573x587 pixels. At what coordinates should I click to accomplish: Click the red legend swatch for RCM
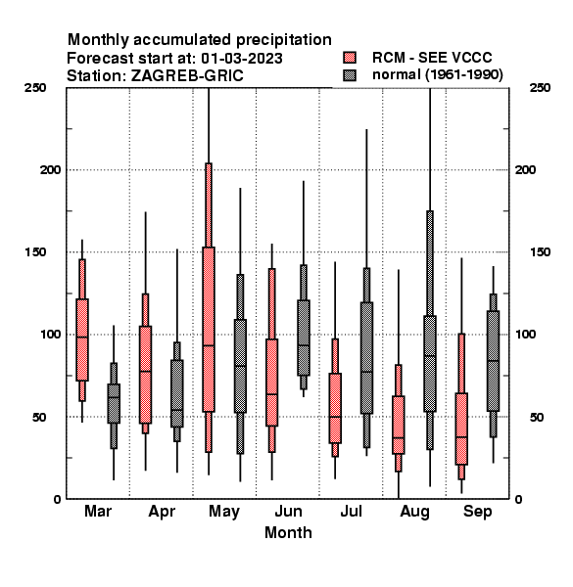pyautogui.click(x=350, y=58)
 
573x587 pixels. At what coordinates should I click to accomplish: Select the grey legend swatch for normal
pyautogui.click(x=350, y=75)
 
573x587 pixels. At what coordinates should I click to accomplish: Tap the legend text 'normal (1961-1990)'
pyautogui.click(x=437, y=75)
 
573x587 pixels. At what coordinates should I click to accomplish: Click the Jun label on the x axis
pyautogui.click(x=288, y=512)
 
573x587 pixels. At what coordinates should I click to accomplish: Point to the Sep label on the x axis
pyautogui.click(x=477, y=512)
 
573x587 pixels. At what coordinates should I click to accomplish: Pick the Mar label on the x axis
pyautogui.click(x=98, y=512)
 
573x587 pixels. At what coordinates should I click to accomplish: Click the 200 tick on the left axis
pyautogui.click(x=50, y=170)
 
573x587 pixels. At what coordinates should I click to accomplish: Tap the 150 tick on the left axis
pyautogui.click(x=35, y=252)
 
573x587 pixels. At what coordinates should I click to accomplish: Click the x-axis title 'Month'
pyautogui.click(x=288, y=533)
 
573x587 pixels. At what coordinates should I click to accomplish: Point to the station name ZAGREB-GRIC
pyautogui.click(x=187, y=76)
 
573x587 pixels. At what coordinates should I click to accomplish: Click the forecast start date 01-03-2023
pyautogui.click(x=242, y=59)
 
